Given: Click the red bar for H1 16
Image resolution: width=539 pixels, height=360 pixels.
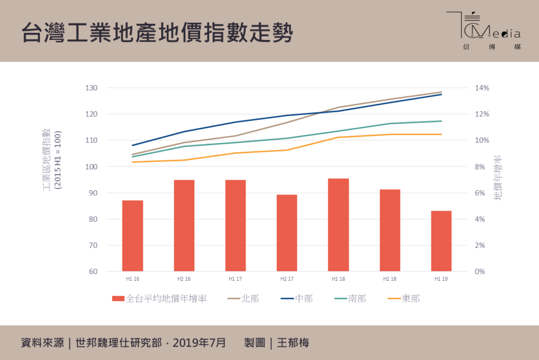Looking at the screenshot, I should click(133, 236).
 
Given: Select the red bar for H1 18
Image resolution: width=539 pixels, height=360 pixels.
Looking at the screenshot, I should click(338, 225).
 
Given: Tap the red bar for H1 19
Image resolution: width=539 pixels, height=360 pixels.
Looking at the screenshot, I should click(441, 241).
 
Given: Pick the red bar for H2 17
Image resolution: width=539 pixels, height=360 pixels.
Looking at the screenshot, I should click(287, 233).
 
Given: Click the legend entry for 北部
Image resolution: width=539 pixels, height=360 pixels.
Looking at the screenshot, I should click(244, 299).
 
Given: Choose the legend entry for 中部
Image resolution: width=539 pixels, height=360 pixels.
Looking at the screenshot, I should click(297, 299).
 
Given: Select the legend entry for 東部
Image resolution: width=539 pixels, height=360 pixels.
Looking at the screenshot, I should click(404, 299).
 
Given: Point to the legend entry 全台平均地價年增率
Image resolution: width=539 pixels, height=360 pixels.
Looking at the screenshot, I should click(160, 299).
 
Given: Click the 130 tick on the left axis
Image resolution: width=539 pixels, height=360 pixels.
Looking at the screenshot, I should click(91, 88).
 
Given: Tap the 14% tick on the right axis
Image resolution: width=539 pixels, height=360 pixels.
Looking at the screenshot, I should click(482, 88).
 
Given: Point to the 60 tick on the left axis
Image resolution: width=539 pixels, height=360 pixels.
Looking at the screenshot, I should click(93, 271).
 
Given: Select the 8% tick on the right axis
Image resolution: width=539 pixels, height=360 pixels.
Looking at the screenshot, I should click(480, 167).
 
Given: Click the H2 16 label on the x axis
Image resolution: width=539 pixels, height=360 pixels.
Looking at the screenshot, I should click(184, 279).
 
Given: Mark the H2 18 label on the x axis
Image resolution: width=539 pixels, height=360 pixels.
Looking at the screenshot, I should click(390, 279).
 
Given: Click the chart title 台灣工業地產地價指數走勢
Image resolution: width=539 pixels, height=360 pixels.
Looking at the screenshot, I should click(157, 33).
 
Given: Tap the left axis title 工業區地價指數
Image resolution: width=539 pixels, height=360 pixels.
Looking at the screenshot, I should click(47, 160).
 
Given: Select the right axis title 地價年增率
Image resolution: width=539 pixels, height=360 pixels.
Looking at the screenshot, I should click(498, 177).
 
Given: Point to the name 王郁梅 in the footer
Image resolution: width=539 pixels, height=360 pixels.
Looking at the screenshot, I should click(293, 343).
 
